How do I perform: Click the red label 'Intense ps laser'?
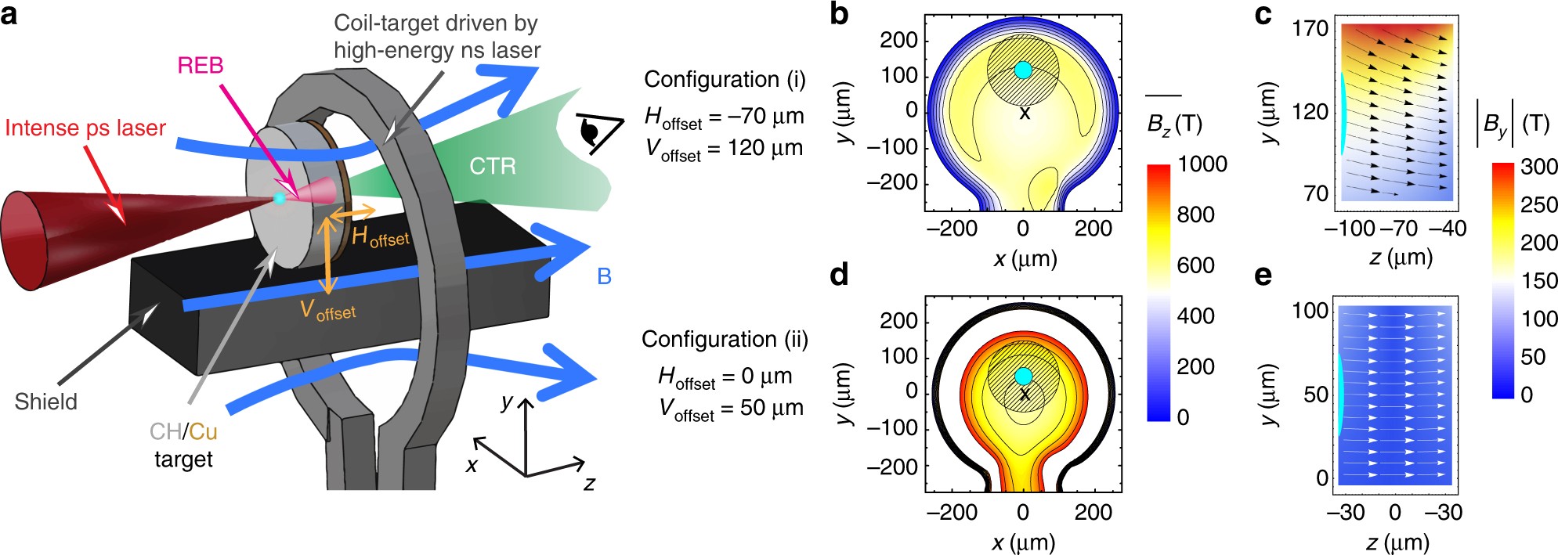[85, 128]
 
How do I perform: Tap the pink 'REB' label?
[201, 66]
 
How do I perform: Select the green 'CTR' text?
[493, 166]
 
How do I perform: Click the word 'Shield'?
[46, 402]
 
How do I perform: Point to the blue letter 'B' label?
[604, 276]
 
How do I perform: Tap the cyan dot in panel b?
[1023, 70]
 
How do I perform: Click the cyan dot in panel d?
[1023, 376]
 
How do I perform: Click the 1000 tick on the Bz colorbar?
[1202, 164]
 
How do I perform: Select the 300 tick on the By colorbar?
[1538, 167]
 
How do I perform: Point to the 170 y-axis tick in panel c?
[1310, 29]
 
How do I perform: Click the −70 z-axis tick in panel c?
[1398, 229]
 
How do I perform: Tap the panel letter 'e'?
[1263, 276]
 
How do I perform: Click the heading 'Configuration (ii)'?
[725, 339]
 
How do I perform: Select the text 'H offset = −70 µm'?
[724, 117]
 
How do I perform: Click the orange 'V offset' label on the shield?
[327, 311]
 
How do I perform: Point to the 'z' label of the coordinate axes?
[589, 484]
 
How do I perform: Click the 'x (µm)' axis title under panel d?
[1024, 542]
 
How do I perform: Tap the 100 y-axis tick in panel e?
[1310, 311]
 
